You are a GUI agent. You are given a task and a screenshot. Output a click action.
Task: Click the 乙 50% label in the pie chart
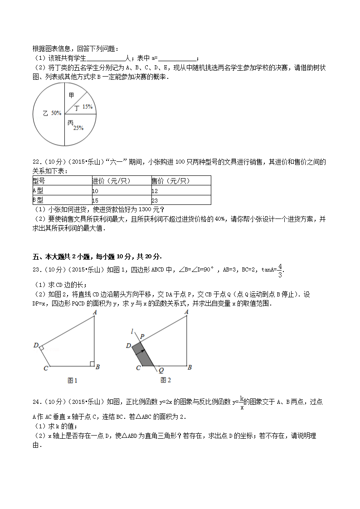pos(51,113)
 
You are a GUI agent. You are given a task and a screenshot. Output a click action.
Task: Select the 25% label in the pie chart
pos(78,128)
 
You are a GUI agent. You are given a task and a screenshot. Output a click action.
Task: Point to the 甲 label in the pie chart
pos(71,95)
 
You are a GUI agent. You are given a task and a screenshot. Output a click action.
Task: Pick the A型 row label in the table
pos(38,190)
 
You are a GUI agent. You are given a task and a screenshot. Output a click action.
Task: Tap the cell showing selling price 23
pos(155,200)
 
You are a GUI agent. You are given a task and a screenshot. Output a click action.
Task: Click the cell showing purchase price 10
pos(95,191)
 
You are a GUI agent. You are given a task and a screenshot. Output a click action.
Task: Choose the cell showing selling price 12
pos(155,191)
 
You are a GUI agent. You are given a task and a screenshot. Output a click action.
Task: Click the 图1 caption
pos(73,380)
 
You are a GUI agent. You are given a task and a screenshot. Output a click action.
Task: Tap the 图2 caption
pos(165,380)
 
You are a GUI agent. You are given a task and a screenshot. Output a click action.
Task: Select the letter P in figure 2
pos(141,336)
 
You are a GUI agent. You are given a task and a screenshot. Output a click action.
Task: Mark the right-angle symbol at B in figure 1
pos(92,364)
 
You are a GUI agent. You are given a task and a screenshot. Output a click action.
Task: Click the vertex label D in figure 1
pos(36,345)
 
